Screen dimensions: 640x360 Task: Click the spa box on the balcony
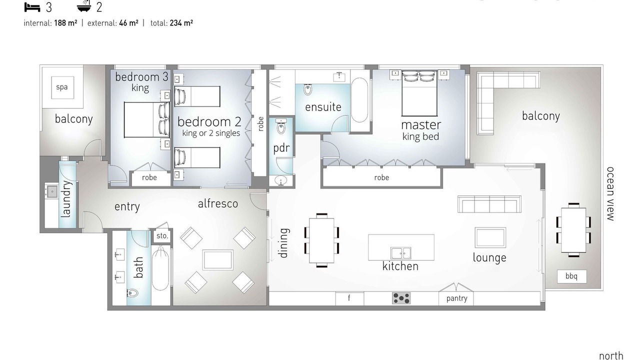pyautogui.click(x=62, y=87)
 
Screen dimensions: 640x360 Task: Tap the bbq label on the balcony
pyautogui.click(x=571, y=276)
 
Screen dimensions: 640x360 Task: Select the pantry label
pyautogui.click(x=456, y=298)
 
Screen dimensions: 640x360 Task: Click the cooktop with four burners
pyautogui.click(x=401, y=298)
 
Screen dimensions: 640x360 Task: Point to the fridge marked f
pyautogui.click(x=349, y=298)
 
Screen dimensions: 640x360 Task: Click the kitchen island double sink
pyautogui.click(x=401, y=253)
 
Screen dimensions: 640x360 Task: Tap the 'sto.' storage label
pyautogui.click(x=162, y=236)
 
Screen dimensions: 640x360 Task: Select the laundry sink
pyautogui.click(x=52, y=191)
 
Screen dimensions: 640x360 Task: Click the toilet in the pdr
pyautogui.click(x=281, y=127)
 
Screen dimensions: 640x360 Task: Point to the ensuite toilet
pyautogui.click(x=307, y=89)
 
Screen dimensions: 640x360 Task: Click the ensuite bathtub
pyautogui.click(x=359, y=100)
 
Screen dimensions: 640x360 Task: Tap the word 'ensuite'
pyautogui.click(x=323, y=107)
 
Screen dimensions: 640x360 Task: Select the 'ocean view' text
pyautogui.click(x=610, y=194)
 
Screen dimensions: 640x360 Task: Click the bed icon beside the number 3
pyautogui.click(x=32, y=7)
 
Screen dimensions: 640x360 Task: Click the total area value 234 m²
pyautogui.click(x=181, y=23)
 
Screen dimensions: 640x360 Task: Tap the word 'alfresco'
pyautogui.click(x=217, y=203)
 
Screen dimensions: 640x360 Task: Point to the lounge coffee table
pyautogui.click(x=490, y=237)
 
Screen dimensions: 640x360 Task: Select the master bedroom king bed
pyautogui.click(x=419, y=93)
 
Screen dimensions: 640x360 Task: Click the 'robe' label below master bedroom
pyautogui.click(x=381, y=177)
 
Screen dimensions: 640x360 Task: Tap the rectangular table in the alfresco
pyautogui.click(x=217, y=259)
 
